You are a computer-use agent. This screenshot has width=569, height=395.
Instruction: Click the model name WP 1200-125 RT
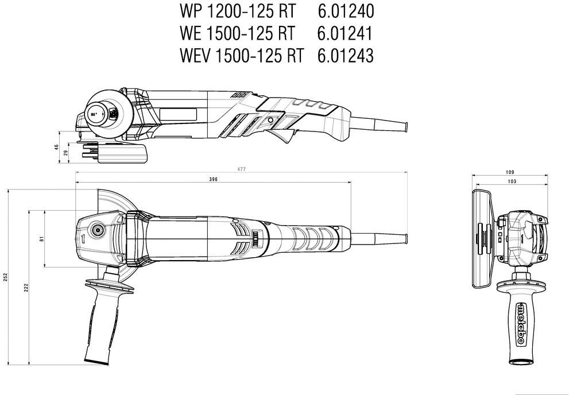point(238,11)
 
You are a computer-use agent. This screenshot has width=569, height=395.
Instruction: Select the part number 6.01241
point(345,33)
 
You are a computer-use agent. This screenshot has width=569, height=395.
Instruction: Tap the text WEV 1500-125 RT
point(241,56)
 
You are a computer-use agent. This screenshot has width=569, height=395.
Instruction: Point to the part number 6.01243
point(345,56)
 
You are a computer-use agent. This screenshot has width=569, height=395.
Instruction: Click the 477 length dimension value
point(242,169)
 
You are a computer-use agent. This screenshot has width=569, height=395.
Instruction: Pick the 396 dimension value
point(214,179)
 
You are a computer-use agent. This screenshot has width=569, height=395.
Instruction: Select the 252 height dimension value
point(5,277)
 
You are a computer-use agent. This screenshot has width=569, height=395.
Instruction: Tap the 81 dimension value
point(41,239)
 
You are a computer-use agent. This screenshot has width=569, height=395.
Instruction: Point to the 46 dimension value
point(56,147)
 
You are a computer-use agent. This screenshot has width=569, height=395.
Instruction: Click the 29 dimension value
point(65,153)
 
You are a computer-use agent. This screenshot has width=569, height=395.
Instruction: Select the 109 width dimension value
point(510,172)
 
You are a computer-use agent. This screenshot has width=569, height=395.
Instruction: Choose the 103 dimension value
point(512,181)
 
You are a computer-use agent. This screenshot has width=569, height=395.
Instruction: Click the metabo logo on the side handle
point(520,324)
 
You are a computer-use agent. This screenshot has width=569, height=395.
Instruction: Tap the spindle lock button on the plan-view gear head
point(98,230)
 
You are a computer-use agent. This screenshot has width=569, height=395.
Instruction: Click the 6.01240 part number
point(346,11)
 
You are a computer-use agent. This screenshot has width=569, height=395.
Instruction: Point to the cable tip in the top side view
point(405,126)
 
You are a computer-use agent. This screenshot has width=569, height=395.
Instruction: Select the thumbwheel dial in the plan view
point(257,239)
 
